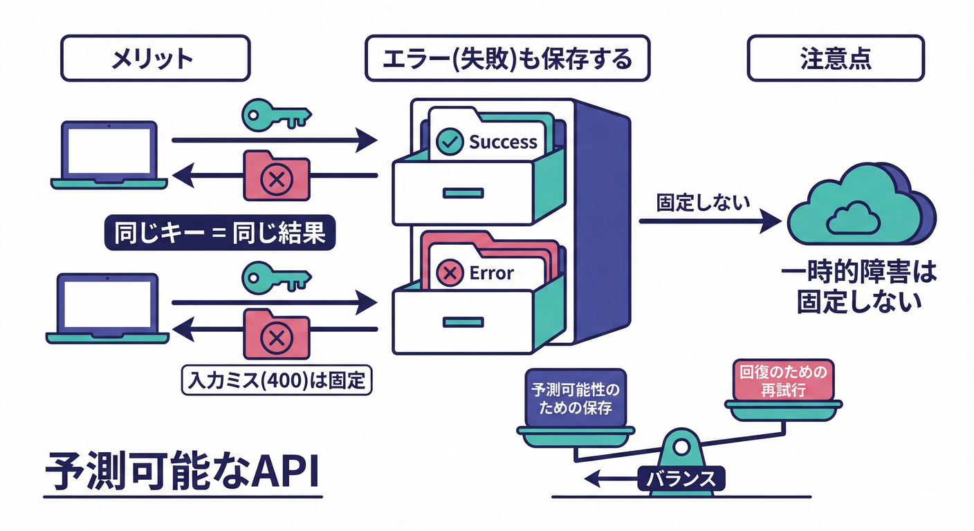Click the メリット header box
155,59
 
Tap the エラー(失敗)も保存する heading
507,59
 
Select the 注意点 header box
835,59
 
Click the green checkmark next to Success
450,142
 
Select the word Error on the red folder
491,273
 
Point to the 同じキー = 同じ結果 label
219,233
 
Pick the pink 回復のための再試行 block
783,381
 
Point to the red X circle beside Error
450,274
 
